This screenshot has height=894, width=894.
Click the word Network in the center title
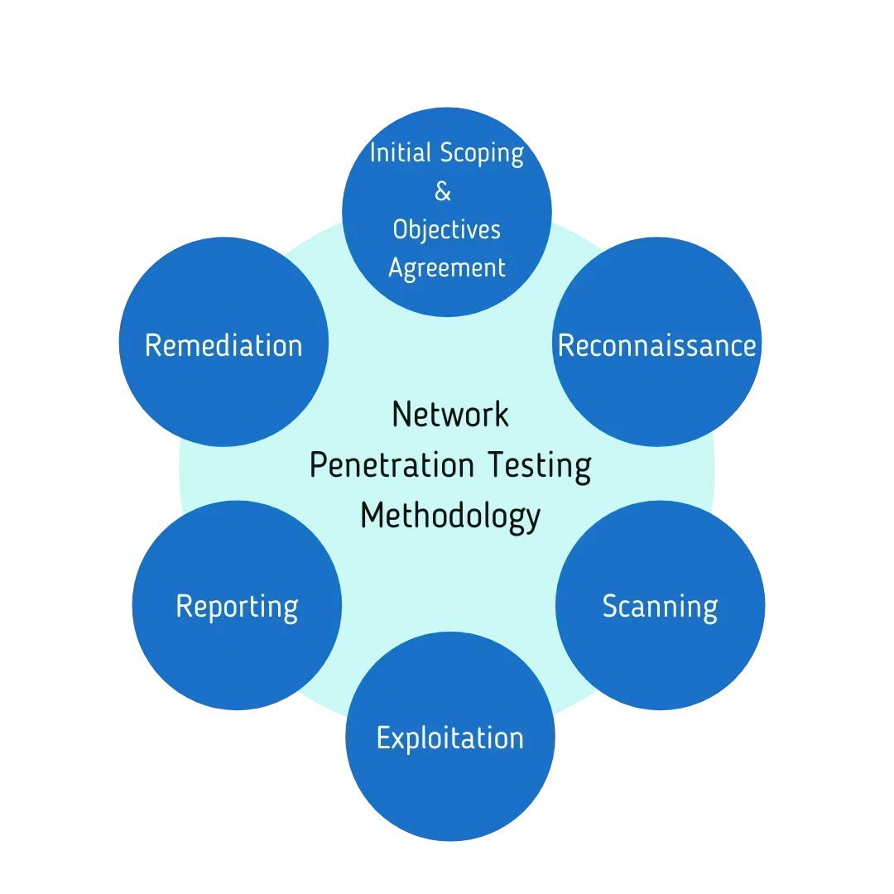[x=449, y=414]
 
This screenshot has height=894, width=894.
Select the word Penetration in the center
[x=392, y=464]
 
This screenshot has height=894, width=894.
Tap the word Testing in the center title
[x=540, y=466]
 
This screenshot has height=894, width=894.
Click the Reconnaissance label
[x=656, y=345]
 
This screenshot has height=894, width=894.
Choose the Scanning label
[x=661, y=608]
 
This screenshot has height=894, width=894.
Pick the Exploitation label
[x=449, y=738]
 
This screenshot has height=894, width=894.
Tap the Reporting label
[x=238, y=608]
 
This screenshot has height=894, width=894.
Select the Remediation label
[x=223, y=345]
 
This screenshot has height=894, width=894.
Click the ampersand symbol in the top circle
[x=442, y=191]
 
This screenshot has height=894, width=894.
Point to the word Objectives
[x=446, y=230]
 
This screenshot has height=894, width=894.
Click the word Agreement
[x=447, y=268]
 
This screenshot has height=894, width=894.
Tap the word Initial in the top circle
[x=401, y=153]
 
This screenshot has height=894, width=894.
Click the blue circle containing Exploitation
[x=449, y=736]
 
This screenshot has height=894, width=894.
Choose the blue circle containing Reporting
[x=238, y=605]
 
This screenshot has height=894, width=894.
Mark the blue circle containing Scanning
[x=661, y=605]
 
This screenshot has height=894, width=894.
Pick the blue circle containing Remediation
[x=223, y=342]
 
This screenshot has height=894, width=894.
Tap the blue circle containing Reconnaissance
[x=656, y=342]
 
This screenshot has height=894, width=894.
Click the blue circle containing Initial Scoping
[x=447, y=212]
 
